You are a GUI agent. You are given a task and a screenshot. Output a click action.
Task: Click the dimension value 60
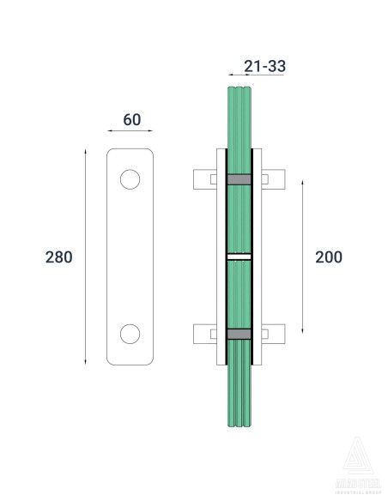pos(131,119)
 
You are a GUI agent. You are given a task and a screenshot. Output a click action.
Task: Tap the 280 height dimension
pos(58,257)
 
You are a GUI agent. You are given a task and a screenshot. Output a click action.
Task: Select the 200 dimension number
pos(330,257)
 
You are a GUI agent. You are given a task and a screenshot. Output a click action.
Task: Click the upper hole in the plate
pos(130,179)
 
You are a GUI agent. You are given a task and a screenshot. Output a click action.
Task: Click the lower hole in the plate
pos(130,333)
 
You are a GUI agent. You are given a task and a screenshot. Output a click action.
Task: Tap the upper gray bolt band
pos(239,179)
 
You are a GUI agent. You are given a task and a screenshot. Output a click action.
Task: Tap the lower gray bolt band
pos(239,334)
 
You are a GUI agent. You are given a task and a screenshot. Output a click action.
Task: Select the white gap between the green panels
pos(239,257)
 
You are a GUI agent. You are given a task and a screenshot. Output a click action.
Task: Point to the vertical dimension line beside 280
pos(85,257)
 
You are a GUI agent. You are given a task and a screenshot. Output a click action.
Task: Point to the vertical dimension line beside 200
pos(303,257)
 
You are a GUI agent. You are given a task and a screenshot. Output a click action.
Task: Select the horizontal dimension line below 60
pos(130,131)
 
